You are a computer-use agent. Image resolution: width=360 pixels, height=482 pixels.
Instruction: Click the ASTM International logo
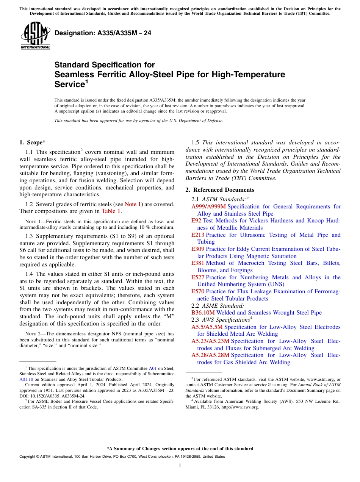coord(36,36)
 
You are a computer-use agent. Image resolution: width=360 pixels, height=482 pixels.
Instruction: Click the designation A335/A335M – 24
coord(103,33)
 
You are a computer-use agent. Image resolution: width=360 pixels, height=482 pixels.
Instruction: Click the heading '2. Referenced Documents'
coord(220,190)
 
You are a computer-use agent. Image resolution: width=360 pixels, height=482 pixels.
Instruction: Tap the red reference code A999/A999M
coord(208,207)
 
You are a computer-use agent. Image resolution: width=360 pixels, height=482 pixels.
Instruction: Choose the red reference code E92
coord(196,221)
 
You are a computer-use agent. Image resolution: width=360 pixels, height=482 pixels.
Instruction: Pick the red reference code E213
coord(198,235)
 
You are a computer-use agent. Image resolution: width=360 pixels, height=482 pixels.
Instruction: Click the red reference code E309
coord(198,249)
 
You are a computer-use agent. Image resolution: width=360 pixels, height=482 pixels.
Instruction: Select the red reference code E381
coord(198,263)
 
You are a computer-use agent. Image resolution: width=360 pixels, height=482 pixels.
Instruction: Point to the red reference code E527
coord(198,277)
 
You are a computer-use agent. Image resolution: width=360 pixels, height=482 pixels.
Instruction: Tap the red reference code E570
coord(198,291)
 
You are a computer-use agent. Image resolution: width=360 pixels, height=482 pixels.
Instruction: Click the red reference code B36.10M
coord(203,313)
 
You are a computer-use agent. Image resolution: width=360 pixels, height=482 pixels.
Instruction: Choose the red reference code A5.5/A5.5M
coord(207,327)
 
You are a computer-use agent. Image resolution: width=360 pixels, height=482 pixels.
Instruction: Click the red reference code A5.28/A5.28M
coord(210,355)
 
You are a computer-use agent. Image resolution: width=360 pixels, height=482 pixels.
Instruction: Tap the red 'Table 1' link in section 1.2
coord(111,211)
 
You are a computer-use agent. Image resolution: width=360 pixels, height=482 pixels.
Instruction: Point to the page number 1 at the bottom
coord(180,465)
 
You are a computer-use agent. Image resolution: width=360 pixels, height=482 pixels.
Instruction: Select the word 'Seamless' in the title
coord(72,74)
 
